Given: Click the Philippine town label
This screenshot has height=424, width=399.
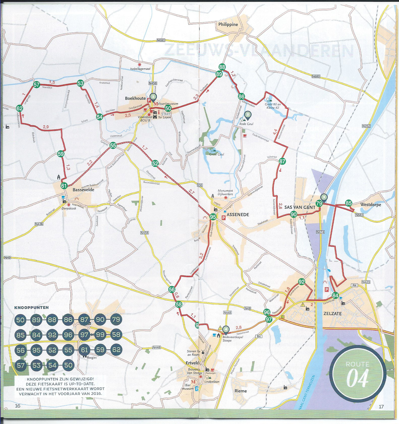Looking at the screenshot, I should [x=228, y=24].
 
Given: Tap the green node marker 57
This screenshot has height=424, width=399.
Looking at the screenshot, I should [x=37, y=85].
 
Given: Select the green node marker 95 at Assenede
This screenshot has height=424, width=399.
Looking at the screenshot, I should [x=213, y=217].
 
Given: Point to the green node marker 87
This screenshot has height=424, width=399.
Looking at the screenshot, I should [x=282, y=161].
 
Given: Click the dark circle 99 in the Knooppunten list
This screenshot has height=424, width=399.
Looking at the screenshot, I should [x=100, y=335].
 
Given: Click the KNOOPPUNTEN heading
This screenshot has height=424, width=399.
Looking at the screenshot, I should [x=32, y=308].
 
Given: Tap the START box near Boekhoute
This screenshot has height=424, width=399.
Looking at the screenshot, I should [x=166, y=114].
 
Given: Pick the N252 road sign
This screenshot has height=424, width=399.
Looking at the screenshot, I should [x=366, y=126].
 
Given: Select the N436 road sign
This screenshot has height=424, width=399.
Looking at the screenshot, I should [x=39, y=224].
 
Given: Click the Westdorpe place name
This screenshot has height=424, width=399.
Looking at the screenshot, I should [x=370, y=204].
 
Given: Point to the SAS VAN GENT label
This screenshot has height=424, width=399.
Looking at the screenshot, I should [x=300, y=207].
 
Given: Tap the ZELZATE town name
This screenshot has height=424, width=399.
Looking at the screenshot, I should [x=332, y=314].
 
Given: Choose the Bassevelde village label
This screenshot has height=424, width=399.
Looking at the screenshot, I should [x=83, y=190].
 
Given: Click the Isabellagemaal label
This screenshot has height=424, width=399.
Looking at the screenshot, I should [x=140, y=69].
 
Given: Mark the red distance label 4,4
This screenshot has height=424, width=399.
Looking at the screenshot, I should [x=275, y=132].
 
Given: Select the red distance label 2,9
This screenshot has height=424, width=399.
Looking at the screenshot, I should [x=46, y=127].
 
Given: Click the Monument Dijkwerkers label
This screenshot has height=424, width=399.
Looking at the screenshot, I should [x=225, y=192].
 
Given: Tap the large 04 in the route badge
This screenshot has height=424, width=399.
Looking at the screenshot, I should [x=357, y=378].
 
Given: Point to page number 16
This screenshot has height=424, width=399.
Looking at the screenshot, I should [x=17, y=406].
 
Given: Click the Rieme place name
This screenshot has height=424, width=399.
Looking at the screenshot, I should [x=241, y=391].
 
